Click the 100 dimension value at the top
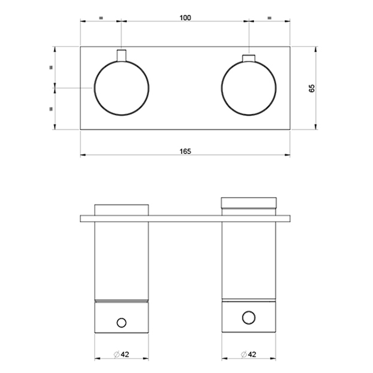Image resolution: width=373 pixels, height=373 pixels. pyautogui.click(x=185, y=18)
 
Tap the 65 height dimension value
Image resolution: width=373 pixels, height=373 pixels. pyautogui.click(x=312, y=88)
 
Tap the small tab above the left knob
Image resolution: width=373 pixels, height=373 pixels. pyautogui.click(x=122, y=55)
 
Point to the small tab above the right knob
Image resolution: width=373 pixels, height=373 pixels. pyautogui.click(x=249, y=58)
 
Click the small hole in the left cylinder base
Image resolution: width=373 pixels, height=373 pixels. pyautogui.click(x=122, y=323)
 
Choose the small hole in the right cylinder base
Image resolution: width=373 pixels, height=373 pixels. pyautogui.click(x=249, y=317)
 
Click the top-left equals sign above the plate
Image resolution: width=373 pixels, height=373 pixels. pyautogui.click(x=100, y=18)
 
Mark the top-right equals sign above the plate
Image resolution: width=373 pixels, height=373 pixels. pyautogui.click(x=269, y=18)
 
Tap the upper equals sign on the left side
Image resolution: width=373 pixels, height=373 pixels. pyautogui.click(x=51, y=68)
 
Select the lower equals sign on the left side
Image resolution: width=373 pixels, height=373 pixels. pyautogui.click(x=51, y=108)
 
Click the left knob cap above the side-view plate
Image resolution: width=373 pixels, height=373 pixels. pyautogui.click(x=122, y=210)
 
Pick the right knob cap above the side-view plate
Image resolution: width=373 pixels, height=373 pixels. pyautogui.click(x=249, y=202)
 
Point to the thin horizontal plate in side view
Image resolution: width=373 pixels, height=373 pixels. pyautogui.click(x=185, y=218)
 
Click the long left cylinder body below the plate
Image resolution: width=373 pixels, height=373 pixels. pyautogui.click(x=122, y=261)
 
